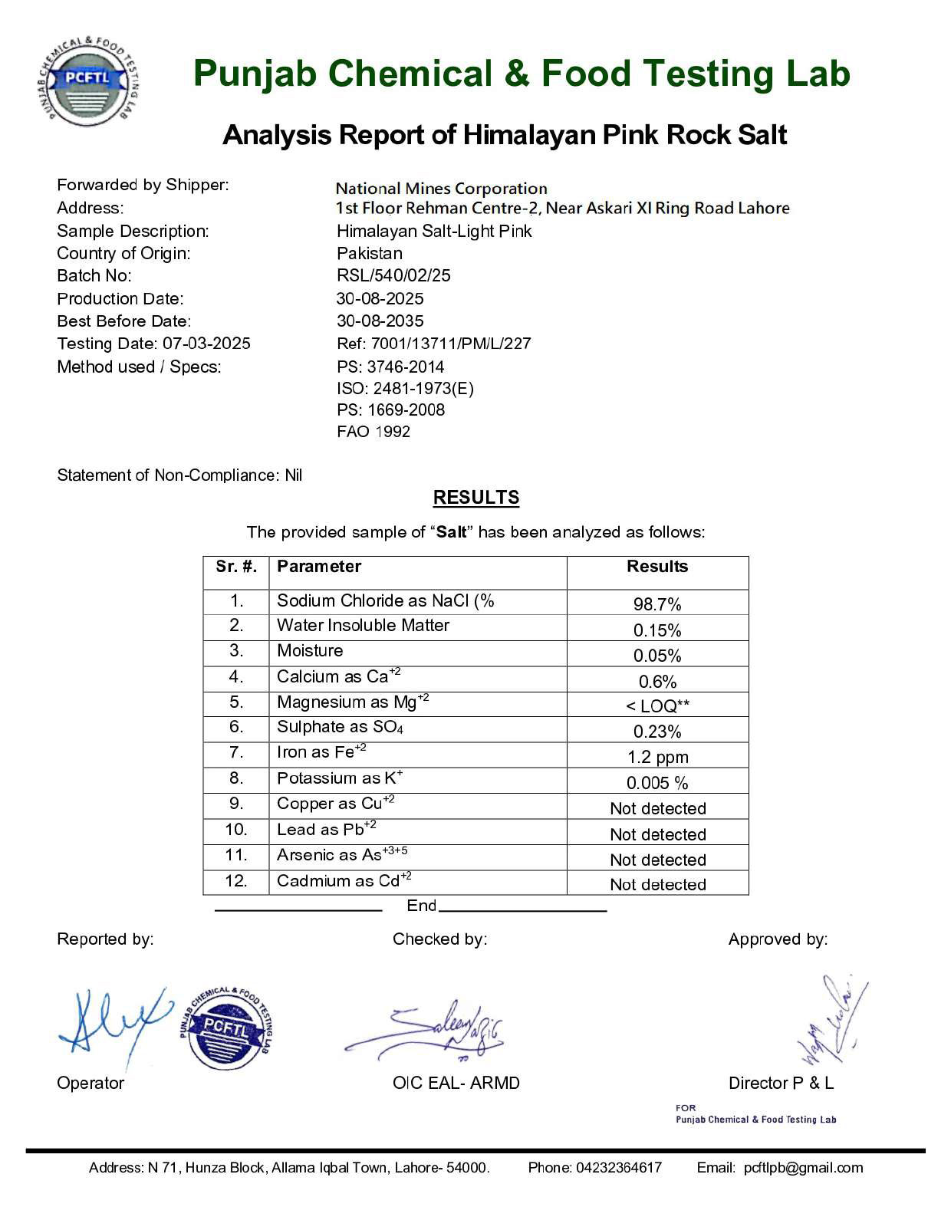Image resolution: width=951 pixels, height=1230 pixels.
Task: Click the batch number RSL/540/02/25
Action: coord(393,275)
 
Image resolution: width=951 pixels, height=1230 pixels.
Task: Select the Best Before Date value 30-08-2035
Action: coord(380,321)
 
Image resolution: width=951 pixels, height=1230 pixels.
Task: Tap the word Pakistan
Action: coord(369,253)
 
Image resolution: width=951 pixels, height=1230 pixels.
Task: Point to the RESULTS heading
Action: coord(475,498)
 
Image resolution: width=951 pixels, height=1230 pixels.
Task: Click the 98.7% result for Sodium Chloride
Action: coord(656,604)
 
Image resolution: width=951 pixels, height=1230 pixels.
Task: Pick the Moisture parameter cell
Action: coord(310,651)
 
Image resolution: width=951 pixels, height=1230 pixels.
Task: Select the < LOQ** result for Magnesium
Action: coord(656,706)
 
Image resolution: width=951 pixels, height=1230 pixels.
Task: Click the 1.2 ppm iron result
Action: coord(657,758)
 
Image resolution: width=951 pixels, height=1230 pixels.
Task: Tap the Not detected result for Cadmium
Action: coord(657,885)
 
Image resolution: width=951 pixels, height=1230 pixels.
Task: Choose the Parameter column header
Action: coord(318,567)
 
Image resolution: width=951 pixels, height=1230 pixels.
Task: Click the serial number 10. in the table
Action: coord(235,830)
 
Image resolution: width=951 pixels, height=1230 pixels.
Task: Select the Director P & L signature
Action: coord(832,1020)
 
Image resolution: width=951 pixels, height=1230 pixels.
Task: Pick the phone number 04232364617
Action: coord(618,1168)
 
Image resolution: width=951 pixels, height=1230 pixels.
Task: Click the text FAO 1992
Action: coord(373,432)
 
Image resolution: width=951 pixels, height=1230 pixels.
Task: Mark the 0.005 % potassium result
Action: coord(657,783)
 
